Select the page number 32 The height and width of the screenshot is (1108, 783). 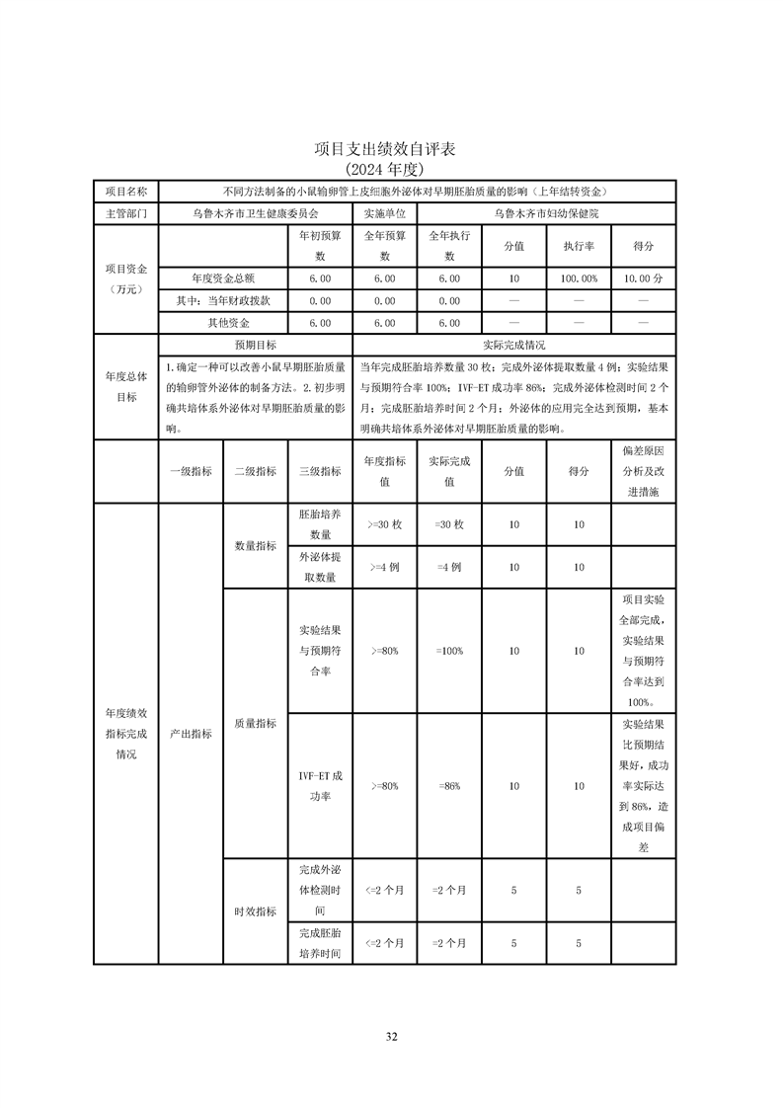click(391, 1036)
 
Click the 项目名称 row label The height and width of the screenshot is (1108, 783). click(125, 191)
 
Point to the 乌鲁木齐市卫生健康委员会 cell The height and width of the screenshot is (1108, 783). click(255, 212)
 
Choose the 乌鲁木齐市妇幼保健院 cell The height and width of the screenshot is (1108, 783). click(546, 212)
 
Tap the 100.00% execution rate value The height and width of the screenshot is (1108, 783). click(579, 279)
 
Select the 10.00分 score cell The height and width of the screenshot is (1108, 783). click(644, 279)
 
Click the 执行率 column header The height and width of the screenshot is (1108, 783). click(579, 246)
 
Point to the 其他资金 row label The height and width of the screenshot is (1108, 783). click(228, 323)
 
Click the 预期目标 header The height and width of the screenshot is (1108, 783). click(255, 346)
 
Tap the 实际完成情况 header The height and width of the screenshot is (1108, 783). click(513, 346)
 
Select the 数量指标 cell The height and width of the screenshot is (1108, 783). click(255, 546)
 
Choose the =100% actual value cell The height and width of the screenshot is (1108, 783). click(449, 651)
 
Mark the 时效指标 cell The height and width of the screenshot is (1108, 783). click(255, 911)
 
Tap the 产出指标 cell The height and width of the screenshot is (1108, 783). click(191, 734)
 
